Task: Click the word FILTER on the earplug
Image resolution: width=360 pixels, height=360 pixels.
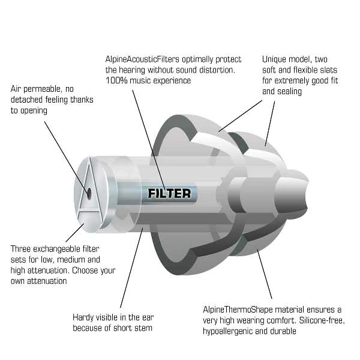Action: point(169,194)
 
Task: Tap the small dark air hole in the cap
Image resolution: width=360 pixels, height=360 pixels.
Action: point(89,193)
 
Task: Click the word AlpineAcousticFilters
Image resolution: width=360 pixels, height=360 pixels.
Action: point(142,59)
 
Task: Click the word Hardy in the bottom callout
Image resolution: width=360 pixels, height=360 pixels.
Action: point(83,317)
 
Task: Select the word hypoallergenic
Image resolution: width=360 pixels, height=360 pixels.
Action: point(227,331)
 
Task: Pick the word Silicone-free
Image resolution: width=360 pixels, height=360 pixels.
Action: point(322,320)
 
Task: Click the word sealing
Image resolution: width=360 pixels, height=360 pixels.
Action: point(289,92)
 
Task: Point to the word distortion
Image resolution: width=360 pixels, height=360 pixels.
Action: point(217,70)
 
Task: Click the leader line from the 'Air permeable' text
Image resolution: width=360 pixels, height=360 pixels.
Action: point(67,157)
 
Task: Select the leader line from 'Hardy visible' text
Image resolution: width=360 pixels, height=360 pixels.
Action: point(131,268)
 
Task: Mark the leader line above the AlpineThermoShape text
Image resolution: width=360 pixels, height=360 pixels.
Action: point(265,274)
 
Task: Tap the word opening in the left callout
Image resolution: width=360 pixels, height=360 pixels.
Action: point(34,111)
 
